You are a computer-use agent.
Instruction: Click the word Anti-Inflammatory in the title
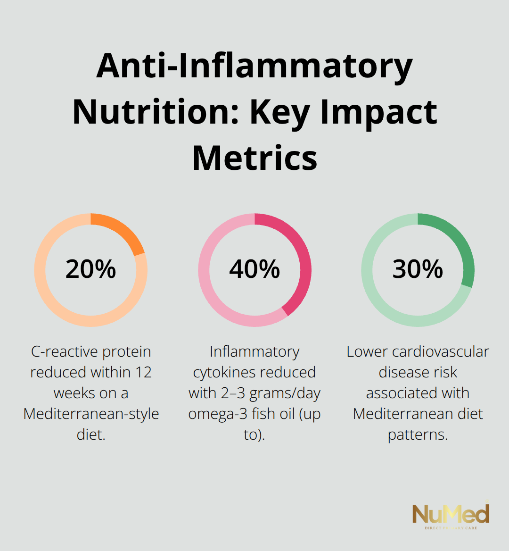point(254,67)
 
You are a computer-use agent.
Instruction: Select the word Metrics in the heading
point(254,158)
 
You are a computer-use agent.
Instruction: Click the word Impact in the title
point(378,112)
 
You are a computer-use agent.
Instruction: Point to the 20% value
point(90,269)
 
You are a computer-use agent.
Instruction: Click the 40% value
point(254,269)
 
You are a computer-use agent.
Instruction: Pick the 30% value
point(418,269)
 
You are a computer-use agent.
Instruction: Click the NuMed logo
point(451,516)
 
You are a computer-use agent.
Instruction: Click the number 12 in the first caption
point(143,372)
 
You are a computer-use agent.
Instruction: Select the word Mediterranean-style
point(91,414)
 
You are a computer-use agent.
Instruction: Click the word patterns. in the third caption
point(418,434)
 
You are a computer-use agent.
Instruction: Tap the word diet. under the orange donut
point(91,434)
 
